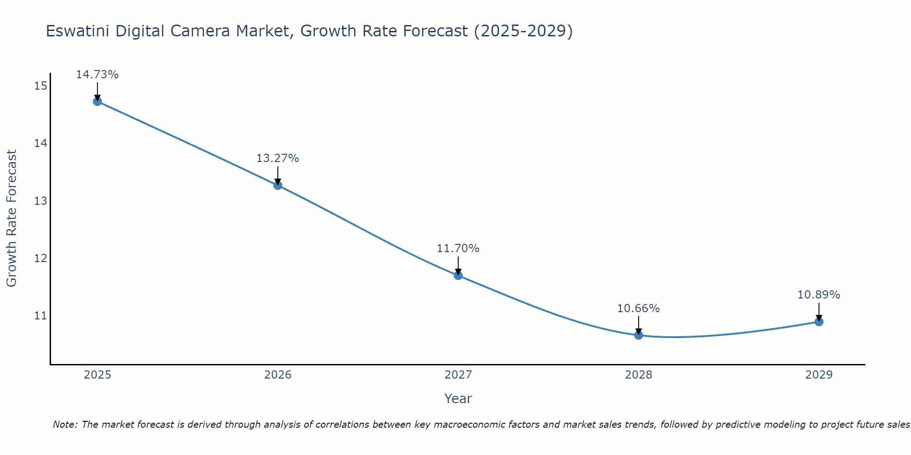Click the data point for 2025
tap(97, 101)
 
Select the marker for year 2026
tap(278, 185)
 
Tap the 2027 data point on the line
tap(458, 275)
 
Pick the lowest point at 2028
tap(639, 335)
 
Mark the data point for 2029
tap(819, 322)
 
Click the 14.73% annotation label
tap(97, 75)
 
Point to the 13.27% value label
tap(278, 158)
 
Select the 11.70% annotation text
tap(458, 248)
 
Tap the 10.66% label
tap(639, 308)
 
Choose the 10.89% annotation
tap(819, 295)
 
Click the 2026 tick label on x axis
tap(278, 375)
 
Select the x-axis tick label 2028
tap(639, 375)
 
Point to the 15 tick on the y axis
tap(41, 86)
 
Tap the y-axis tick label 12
tap(41, 258)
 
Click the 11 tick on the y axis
tap(41, 316)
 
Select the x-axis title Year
tap(458, 399)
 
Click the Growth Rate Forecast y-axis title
tap(12, 218)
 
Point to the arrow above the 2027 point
tap(458, 265)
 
